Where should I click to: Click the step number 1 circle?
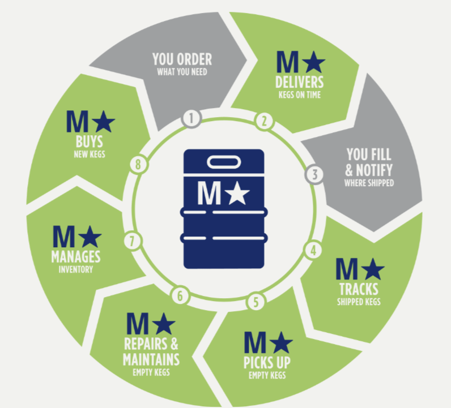pos(192,118)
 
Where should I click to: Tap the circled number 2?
pos(263,120)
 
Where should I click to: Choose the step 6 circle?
pos(180,295)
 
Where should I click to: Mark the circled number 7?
pos(132,240)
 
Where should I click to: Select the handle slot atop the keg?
pos(224,163)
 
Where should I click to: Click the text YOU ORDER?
pos(182,59)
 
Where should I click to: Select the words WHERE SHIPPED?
pos(369,183)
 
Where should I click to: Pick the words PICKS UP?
pos(267,362)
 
